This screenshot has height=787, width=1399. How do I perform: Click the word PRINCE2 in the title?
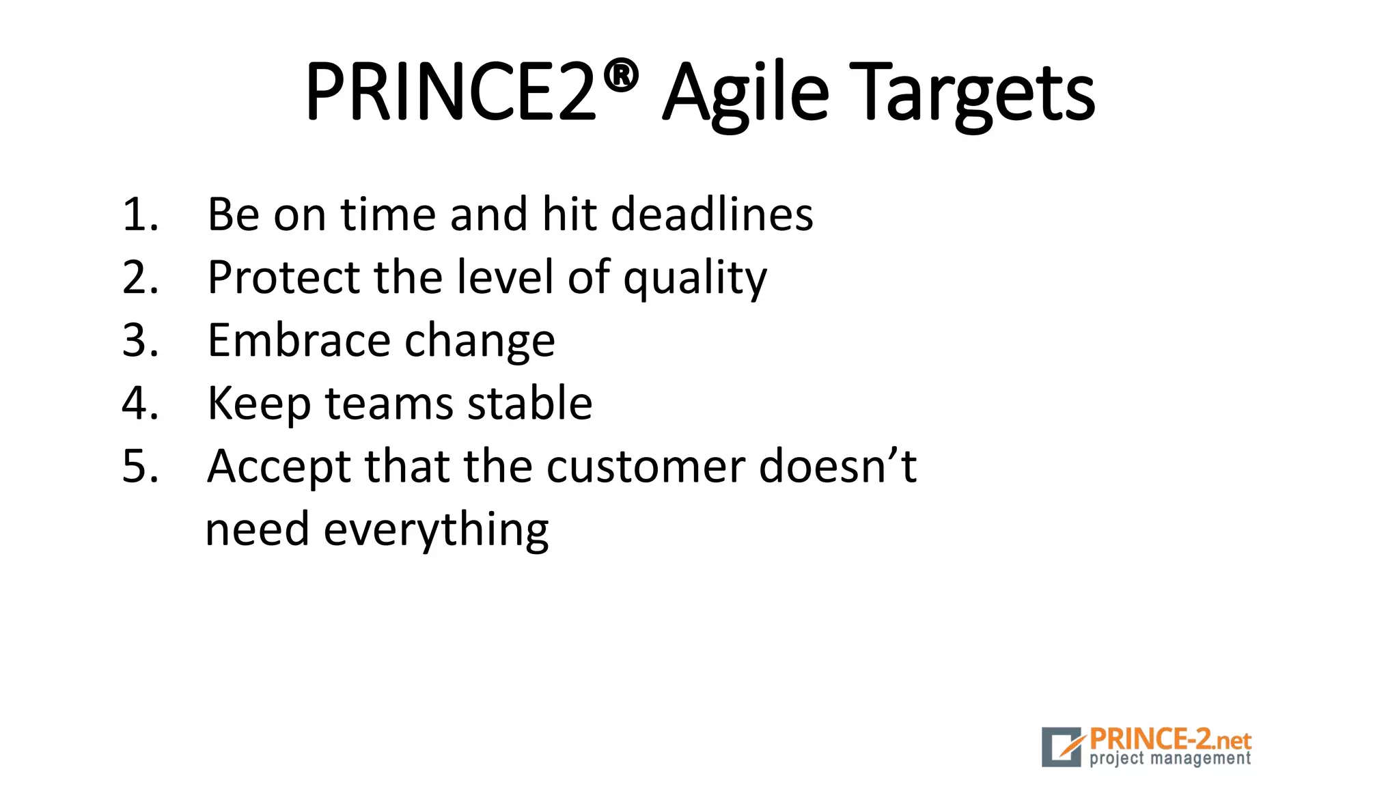tap(451, 92)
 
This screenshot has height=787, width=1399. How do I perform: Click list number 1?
tap(140, 215)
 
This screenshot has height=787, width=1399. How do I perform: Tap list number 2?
tap(140, 277)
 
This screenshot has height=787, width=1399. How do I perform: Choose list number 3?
tap(140, 340)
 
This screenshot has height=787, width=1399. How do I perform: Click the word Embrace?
tap(298, 340)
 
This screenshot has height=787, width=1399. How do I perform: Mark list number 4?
tap(140, 403)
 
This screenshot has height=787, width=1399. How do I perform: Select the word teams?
tap(389, 403)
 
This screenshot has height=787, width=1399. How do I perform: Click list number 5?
tap(140, 467)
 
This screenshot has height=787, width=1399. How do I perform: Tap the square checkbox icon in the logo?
tap(1062, 747)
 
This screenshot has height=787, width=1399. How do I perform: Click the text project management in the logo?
tap(1169, 759)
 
